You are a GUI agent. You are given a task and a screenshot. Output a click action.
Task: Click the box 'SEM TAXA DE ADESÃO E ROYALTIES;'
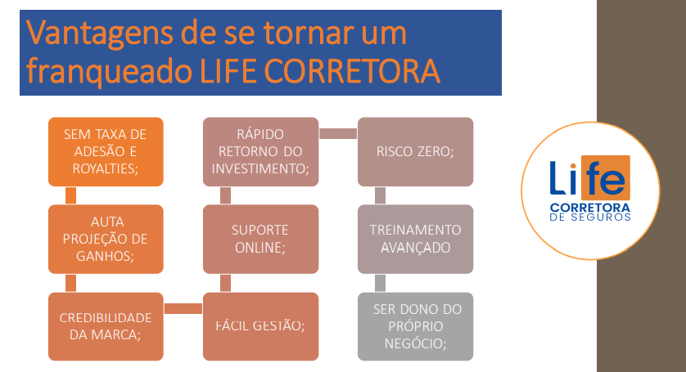106,152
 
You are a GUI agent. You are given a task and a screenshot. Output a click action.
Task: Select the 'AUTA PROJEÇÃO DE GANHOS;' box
106,239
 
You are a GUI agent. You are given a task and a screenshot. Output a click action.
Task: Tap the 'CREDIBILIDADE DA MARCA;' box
106,326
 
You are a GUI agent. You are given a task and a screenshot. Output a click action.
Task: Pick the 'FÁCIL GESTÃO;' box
261,326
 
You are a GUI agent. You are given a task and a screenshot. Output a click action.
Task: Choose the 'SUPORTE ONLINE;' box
261,239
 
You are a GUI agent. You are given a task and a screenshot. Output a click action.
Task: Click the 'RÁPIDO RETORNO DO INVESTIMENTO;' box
261,152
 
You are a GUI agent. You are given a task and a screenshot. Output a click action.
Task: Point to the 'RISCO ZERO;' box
416,152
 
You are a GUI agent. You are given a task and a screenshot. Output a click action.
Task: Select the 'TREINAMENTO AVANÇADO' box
416,239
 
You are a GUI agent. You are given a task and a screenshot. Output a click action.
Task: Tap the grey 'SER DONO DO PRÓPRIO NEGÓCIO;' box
416,326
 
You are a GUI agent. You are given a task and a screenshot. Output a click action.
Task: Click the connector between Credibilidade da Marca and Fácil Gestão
183,308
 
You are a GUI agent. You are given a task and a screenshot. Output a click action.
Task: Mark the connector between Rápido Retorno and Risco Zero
338,133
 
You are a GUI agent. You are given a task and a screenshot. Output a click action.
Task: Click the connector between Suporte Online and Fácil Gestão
225,283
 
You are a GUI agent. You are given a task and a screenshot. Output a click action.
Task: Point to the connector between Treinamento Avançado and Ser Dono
380,283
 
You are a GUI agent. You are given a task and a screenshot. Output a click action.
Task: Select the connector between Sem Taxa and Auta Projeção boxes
70,196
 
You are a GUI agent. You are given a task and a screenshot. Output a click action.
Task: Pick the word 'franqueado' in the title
110,72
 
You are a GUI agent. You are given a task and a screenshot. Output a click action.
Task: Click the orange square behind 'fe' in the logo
606,177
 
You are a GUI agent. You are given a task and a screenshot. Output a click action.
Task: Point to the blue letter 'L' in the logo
557,177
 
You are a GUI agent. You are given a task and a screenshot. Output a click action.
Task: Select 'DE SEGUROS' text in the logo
590,217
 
